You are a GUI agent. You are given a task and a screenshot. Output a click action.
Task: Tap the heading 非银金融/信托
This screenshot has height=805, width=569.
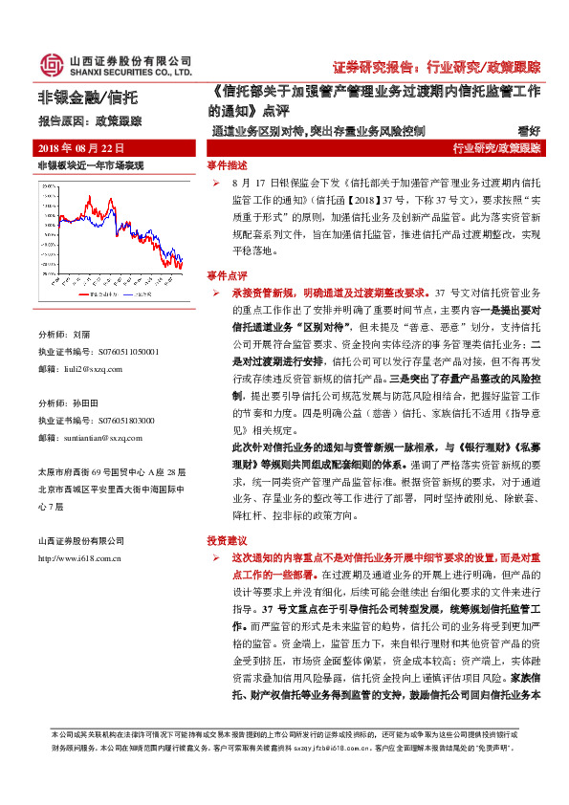tap(89, 98)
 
